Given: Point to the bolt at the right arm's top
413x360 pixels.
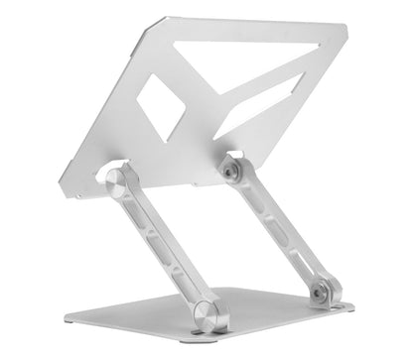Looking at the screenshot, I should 229,171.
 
